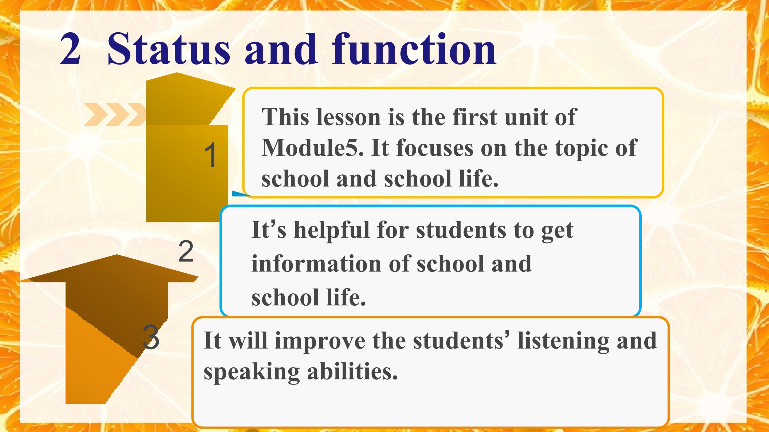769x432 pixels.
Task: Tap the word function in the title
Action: click(414, 49)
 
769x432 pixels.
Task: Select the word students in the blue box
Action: click(461, 230)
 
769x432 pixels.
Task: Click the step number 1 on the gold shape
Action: click(211, 155)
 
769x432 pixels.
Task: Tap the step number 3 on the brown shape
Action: click(151, 337)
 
